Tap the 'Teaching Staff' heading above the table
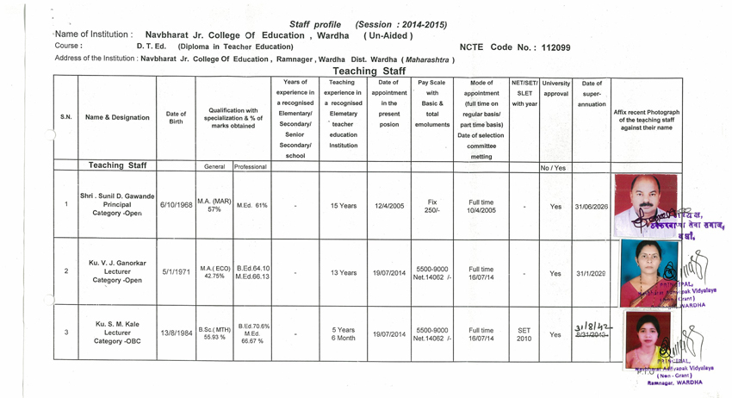[x=369, y=72]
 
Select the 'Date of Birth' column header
[x=176, y=117]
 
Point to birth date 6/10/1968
[x=176, y=207]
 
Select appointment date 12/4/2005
[x=389, y=207]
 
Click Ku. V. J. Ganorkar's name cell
[x=116, y=271]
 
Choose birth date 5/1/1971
[x=176, y=271]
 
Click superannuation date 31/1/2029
[x=591, y=272]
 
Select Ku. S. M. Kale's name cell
[x=116, y=333]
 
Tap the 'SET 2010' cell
[x=523, y=333]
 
